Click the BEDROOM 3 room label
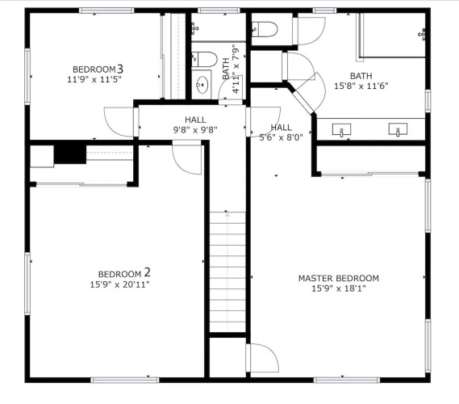point(98,69)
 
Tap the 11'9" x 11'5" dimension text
point(94,79)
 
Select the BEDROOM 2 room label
point(124,273)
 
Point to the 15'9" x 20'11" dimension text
point(119,284)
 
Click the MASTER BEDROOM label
point(339,278)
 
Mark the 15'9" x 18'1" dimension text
point(339,288)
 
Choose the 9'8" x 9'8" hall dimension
point(195,129)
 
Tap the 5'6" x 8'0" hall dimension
point(281,137)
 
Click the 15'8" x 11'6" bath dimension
point(361,86)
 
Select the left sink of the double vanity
point(341,130)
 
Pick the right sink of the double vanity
point(398,129)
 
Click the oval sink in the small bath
point(202,84)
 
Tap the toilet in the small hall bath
point(204,59)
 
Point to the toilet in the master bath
point(265,29)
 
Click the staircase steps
point(227,271)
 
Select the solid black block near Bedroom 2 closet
point(70,154)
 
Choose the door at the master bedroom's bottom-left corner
point(262,358)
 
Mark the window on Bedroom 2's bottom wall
point(125,381)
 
